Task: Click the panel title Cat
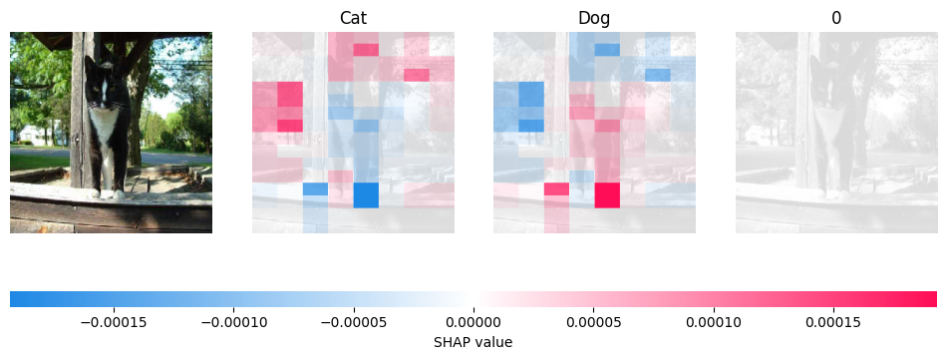click(353, 18)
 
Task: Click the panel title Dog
click(594, 18)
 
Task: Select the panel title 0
click(836, 18)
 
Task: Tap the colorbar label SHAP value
click(473, 341)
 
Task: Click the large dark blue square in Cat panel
click(366, 194)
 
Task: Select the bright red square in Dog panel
click(607, 194)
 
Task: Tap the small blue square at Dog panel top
click(607, 49)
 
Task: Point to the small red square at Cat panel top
click(366, 49)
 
